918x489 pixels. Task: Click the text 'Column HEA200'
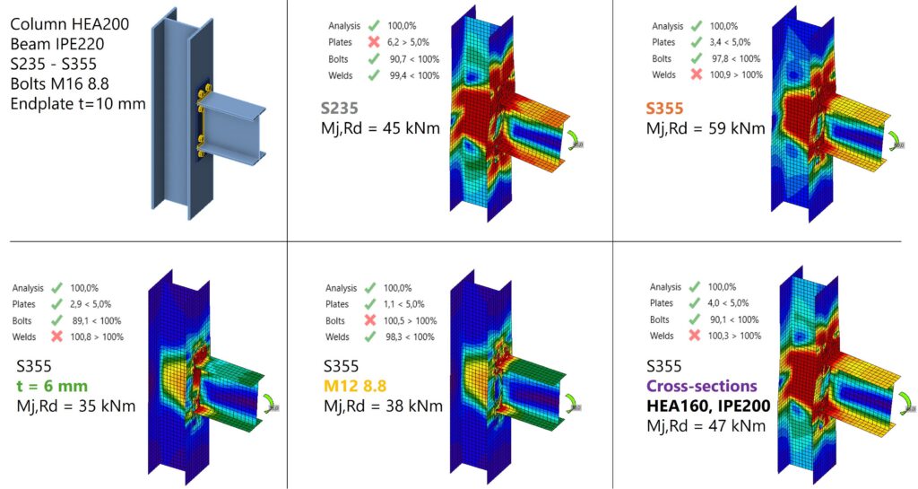point(70,24)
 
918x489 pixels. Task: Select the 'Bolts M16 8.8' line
point(60,83)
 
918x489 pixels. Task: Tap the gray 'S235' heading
point(339,109)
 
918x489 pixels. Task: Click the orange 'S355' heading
point(664,109)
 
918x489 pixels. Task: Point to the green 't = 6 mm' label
point(52,386)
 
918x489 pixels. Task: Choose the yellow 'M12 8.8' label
point(355,386)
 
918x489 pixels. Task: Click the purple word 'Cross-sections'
point(701,386)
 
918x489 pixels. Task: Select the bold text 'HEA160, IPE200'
point(708,406)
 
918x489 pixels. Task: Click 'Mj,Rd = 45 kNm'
point(380,127)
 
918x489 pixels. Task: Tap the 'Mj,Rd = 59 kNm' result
point(706,127)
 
